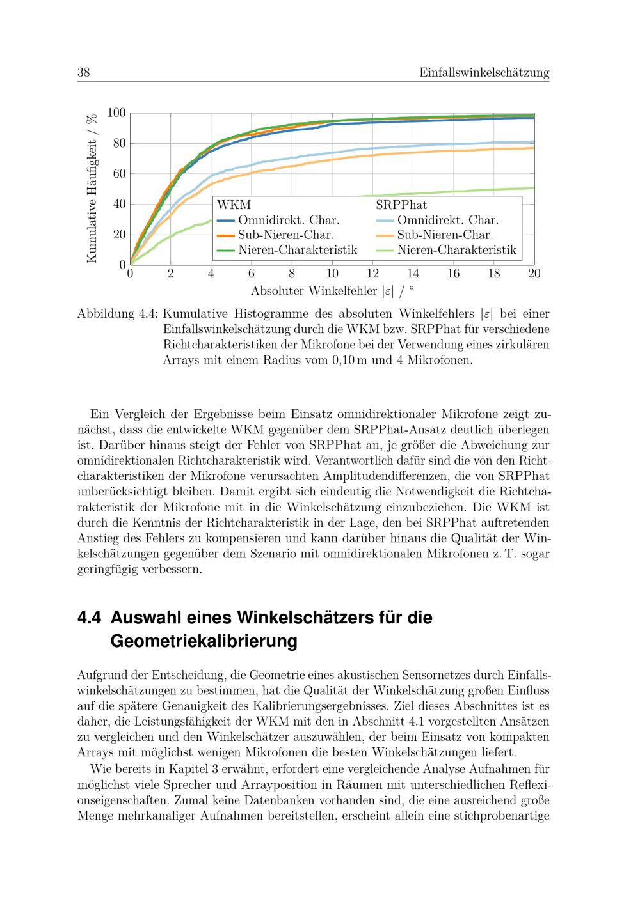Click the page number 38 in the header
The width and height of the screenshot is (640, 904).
pos(83,73)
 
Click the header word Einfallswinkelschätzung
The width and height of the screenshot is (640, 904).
pos(484,73)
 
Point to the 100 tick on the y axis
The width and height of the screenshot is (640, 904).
pos(116,113)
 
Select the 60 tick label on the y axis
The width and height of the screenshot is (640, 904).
pos(119,174)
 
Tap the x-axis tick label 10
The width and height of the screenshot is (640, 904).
pos(332,274)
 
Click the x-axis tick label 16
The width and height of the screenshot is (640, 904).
pos(453,274)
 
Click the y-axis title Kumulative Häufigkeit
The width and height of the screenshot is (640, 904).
pos(92,188)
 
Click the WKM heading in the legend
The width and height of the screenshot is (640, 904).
pos(234,205)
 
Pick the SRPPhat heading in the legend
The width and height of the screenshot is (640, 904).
pos(401,205)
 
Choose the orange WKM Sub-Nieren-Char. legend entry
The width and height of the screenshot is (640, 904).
pos(276,235)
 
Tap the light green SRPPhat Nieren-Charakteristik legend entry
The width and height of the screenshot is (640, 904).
pos(446,250)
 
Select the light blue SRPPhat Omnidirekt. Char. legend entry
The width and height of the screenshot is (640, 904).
pos(438,221)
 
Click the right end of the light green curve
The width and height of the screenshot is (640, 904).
pos(533,188)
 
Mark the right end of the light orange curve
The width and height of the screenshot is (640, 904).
pos(533,148)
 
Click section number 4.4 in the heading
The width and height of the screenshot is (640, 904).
pos(90,618)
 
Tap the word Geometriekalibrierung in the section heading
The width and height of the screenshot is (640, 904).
pos(204,641)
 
